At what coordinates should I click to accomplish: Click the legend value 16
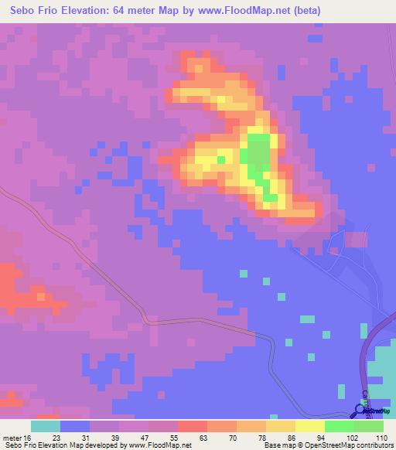(28, 437)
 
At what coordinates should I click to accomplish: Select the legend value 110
(381, 437)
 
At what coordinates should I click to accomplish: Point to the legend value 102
(353, 437)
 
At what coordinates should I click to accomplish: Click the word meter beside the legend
(12, 437)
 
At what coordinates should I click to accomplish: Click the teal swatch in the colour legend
(45, 426)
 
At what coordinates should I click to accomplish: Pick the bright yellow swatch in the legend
(309, 426)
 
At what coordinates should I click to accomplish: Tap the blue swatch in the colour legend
(75, 426)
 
